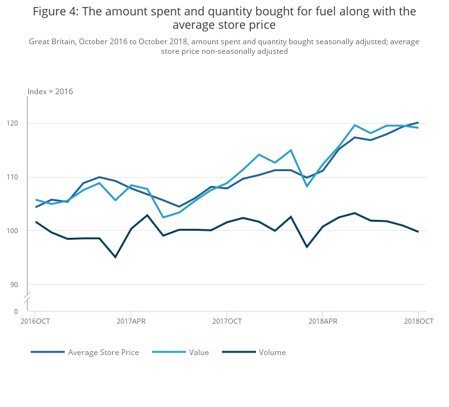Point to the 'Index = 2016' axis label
50,92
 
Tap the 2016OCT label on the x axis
35,321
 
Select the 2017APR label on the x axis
131,321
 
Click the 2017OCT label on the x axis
226,321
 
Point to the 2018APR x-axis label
323,321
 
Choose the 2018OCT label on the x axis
418,321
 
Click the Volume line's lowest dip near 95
115,257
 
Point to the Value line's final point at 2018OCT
418,128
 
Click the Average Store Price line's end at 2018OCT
418,122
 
